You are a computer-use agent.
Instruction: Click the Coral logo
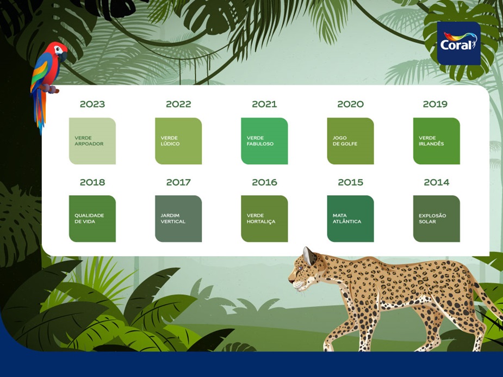coord(459,44)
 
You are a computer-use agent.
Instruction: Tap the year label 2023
coord(92,104)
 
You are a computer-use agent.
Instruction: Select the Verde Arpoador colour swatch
coord(92,141)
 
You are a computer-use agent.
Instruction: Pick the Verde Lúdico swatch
coord(178,141)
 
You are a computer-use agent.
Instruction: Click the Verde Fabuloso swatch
coord(264,141)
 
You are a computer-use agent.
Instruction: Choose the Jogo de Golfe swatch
coord(350,141)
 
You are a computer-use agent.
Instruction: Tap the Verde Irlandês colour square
coord(436,141)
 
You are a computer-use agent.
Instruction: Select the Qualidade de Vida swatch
coord(92,219)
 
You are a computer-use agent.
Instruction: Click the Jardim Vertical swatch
coord(178,219)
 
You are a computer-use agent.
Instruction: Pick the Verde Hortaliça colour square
coord(264,219)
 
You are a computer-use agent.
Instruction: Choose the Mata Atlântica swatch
coord(350,219)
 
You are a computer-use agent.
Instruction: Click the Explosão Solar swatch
coord(436,219)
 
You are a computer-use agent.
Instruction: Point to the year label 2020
coord(350,104)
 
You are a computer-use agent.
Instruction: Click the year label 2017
coord(178,182)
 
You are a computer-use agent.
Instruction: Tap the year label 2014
coord(437,182)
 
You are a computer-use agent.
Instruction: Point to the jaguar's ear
coord(309,255)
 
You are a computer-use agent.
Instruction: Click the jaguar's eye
coord(300,268)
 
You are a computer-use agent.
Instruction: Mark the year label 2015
coord(350,182)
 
